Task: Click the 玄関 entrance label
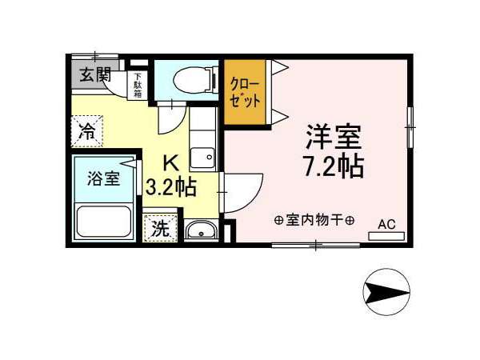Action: (x=95, y=74)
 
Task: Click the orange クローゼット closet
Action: (x=245, y=92)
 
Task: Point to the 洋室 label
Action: (x=334, y=137)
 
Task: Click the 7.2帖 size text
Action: (x=334, y=166)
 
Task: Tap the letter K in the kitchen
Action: (x=171, y=163)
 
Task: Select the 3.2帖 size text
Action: (x=170, y=187)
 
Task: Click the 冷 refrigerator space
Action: (x=87, y=131)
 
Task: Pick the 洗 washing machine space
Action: (x=161, y=228)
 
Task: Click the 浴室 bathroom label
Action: (x=103, y=178)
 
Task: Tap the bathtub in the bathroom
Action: (x=104, y=222)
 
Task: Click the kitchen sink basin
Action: (x=202, y=158)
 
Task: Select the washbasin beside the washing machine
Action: (x=201, y=230)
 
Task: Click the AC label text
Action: (x=386, y=224)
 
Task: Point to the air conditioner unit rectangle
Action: (x=386, y=236)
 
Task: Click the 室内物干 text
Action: (x=314, y=220)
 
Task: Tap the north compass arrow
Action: (x=386, y=292)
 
